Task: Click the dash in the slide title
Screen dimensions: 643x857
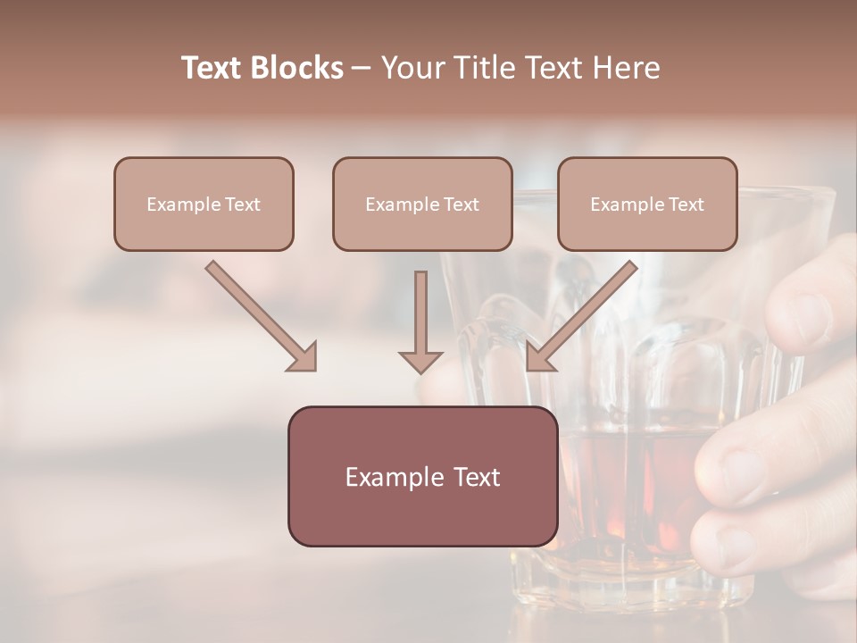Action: (x=362, y=68)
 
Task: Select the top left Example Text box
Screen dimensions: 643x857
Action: (x=204, y=204)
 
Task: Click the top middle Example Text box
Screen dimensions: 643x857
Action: (x=422, y=204)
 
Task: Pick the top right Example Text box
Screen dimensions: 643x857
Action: (x=647, y=204)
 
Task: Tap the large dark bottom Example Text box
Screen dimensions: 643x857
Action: (x=422, y=476)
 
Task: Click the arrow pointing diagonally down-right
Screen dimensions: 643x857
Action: (x=262, y=316)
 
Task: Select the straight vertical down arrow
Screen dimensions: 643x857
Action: (x=420, y=321)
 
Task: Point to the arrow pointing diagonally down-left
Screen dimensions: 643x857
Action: (x=581, y=316)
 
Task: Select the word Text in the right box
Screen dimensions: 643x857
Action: (x=686, y=205)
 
